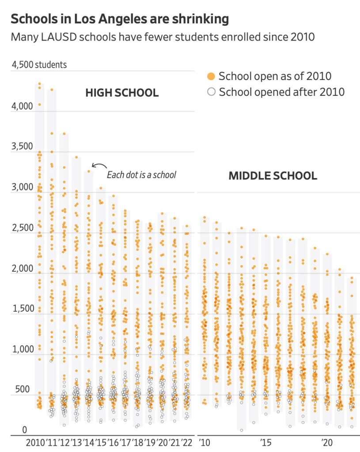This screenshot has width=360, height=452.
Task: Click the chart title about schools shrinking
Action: [x=119, y=19]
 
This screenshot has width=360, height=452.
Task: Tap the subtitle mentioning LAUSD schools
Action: [x=163, y=37]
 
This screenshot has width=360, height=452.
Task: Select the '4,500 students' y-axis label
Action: [x=39, y=65]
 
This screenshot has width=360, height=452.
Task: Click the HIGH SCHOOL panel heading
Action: [x=122, y=93]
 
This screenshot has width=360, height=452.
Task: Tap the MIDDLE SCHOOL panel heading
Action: [x=273, y=176]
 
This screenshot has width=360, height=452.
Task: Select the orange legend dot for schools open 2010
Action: [x=211, y=76]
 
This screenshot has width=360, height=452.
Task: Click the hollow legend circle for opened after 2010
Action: [x=211, y=92]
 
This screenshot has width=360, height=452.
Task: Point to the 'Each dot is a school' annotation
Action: [x=141, y=175]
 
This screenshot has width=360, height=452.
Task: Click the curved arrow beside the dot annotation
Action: [x=98, y=164]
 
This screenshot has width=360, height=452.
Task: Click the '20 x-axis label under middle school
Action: [x=327, y=443]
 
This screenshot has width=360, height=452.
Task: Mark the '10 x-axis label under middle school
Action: [x=204, y=443]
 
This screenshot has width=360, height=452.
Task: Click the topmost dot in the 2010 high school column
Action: [x=39, y=84]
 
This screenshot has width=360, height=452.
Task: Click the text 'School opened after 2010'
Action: [x=281, y=92]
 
